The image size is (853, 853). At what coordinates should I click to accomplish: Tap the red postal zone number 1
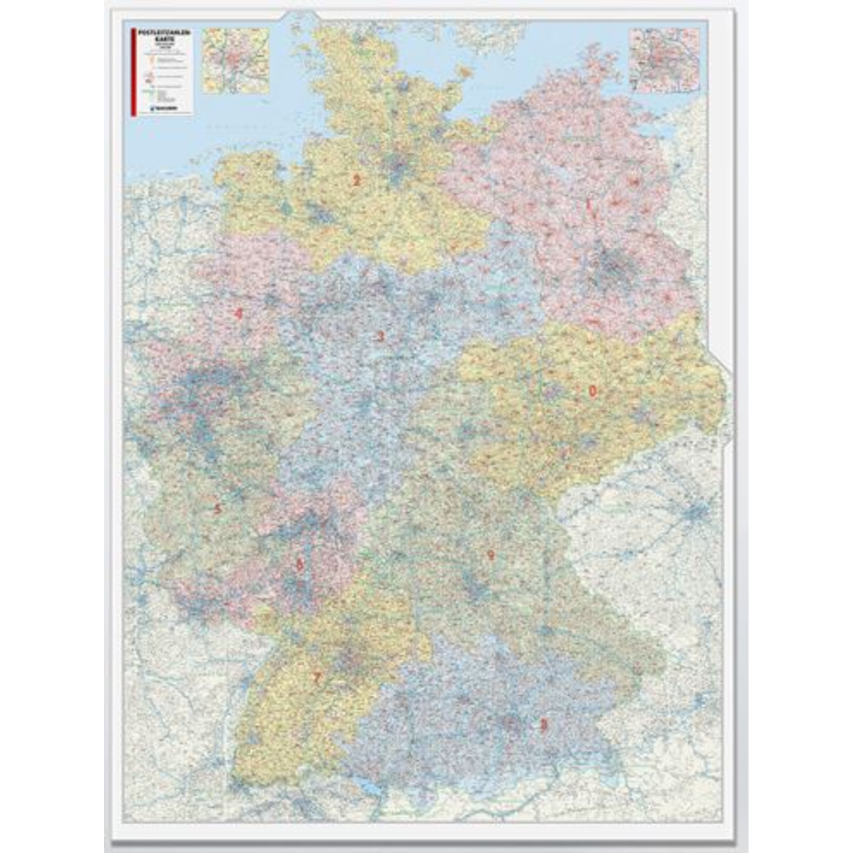click(589, 205)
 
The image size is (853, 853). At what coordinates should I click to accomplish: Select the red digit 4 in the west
click(238, 314)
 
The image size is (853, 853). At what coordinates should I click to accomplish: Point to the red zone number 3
click(380, 337)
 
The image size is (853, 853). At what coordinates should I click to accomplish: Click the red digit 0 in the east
click(592, 390)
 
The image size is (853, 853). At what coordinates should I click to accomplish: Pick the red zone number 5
click(217, 509)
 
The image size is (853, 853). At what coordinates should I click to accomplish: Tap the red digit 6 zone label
click(300, 564)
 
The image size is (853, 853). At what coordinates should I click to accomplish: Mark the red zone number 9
click(490, 555)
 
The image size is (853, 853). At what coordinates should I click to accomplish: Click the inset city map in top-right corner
click(664, 61)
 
